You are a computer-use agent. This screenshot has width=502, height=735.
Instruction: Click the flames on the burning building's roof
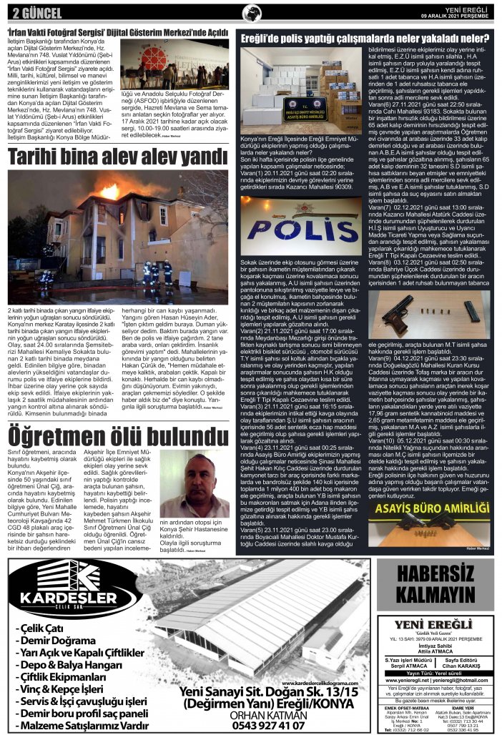(110, 192)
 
